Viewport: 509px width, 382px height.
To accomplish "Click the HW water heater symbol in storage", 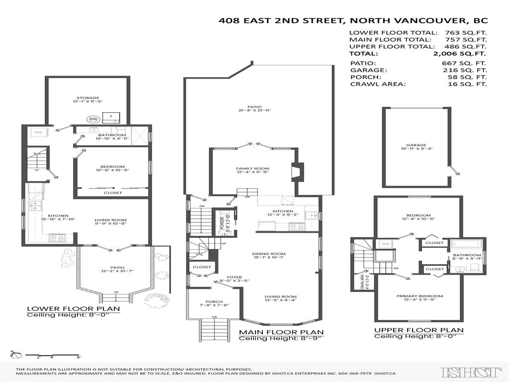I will [93, 119].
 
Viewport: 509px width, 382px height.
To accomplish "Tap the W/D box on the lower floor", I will [38, 132].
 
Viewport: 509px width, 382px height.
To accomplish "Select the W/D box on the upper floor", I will [385, 244].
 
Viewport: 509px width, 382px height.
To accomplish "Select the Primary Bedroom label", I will [420, 296].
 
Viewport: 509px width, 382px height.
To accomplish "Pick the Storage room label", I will [87, 98].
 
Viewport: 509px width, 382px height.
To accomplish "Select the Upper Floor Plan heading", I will [419, 330].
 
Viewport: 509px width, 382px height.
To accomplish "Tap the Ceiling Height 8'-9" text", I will [281, 339].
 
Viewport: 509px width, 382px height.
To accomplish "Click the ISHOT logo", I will [471, 372].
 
